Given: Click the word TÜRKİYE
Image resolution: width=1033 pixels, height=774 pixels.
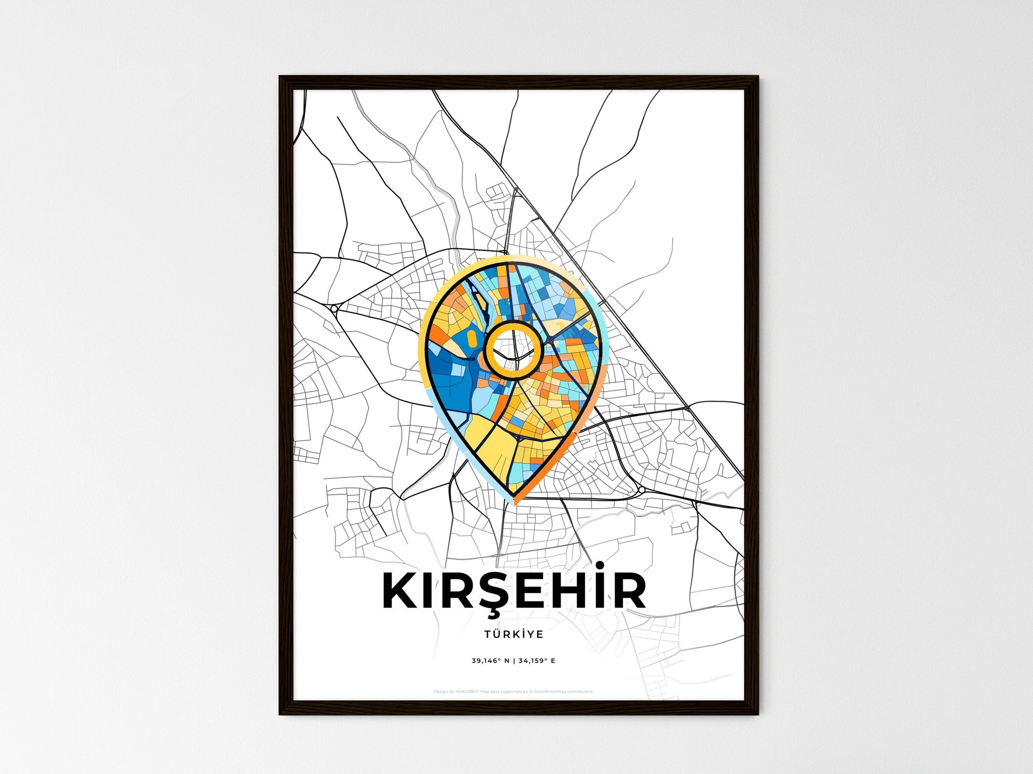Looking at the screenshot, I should (513, 634).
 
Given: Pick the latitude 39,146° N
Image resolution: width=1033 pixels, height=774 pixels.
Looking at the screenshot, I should (490, 661).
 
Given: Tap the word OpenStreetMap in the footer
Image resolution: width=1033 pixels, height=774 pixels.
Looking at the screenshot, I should (550, 692).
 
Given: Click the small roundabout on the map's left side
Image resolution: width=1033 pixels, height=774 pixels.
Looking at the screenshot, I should (334, 308).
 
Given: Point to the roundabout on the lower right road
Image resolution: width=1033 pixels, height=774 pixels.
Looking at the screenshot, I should (641, 489).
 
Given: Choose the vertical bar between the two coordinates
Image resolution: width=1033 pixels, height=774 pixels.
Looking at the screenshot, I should (513, 661).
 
